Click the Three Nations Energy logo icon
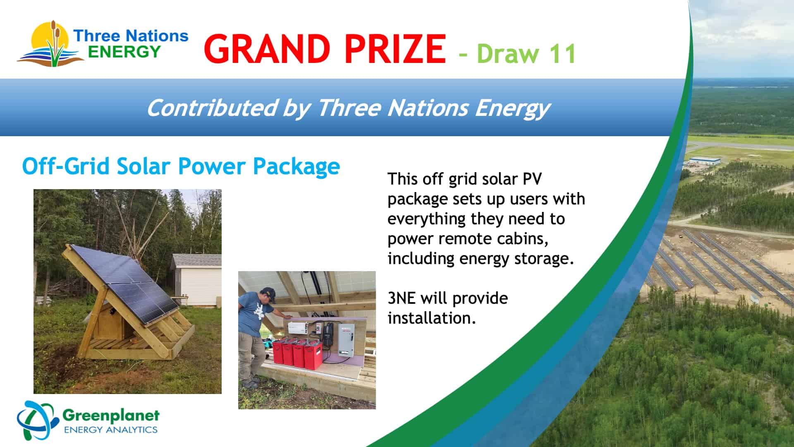click(50, 43)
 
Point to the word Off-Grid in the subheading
click(67, 166)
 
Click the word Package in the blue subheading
click(296, 167)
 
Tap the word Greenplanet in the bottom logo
click(110, 415)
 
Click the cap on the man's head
click(270, 294)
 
